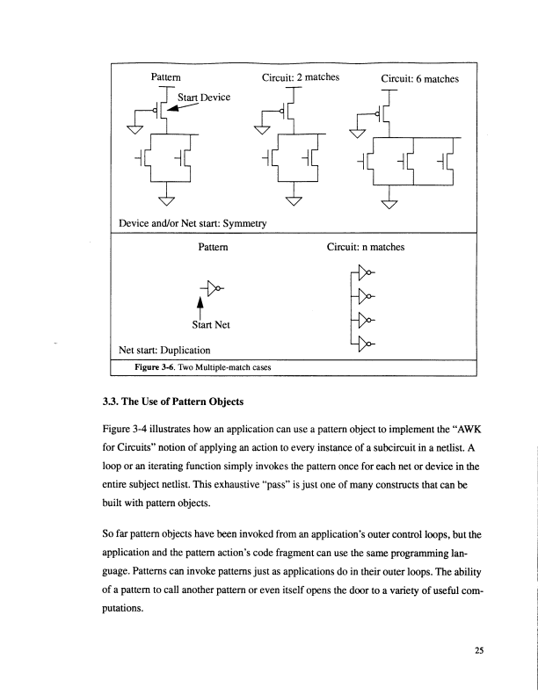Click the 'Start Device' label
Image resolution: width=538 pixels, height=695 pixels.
click(204, 96)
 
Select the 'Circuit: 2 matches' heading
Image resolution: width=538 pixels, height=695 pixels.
click(301, 77)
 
